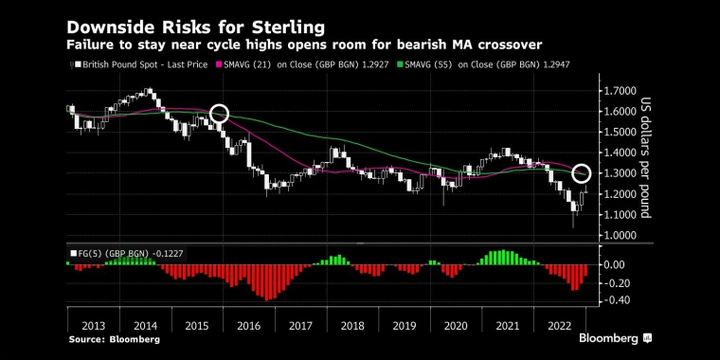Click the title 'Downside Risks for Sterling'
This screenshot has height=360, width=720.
195,27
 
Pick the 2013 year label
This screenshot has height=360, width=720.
93,326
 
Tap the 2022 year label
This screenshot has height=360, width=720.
559,326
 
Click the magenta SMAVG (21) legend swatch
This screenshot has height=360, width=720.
220,64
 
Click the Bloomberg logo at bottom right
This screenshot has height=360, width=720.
615,339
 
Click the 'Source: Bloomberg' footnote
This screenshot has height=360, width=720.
115,340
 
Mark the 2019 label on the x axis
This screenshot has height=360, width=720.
405,326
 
